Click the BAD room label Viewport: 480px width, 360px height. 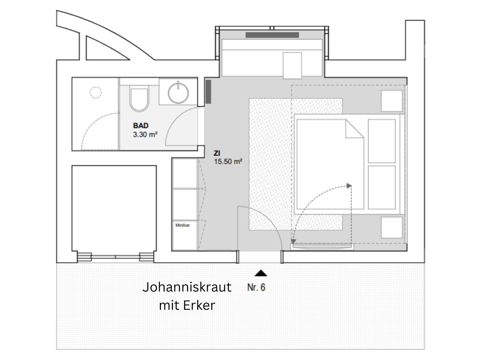[141, 125]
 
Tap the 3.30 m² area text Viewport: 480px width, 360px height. [145, 134]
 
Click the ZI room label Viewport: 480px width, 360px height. [217, 153]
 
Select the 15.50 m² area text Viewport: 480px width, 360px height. [228, 161]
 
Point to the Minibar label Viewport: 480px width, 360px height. [183, 225]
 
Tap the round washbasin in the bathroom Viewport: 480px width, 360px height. [178, 92]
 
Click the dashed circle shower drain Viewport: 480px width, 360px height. [96, 92]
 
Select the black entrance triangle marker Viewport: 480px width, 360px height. [261, 273]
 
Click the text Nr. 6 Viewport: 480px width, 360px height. [256, 288]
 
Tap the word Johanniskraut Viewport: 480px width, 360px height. [187, 287]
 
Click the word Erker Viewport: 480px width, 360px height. [199, 305]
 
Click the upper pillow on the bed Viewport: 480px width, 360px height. [382, 141]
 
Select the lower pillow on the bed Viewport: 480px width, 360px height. [382, 188]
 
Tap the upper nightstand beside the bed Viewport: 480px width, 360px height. [392, 101]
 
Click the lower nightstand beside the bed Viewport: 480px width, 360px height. [392, 228]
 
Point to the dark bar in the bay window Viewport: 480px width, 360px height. [272, 35]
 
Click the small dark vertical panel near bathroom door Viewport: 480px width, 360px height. [208, 92]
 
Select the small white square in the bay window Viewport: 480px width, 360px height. [292, 65]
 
